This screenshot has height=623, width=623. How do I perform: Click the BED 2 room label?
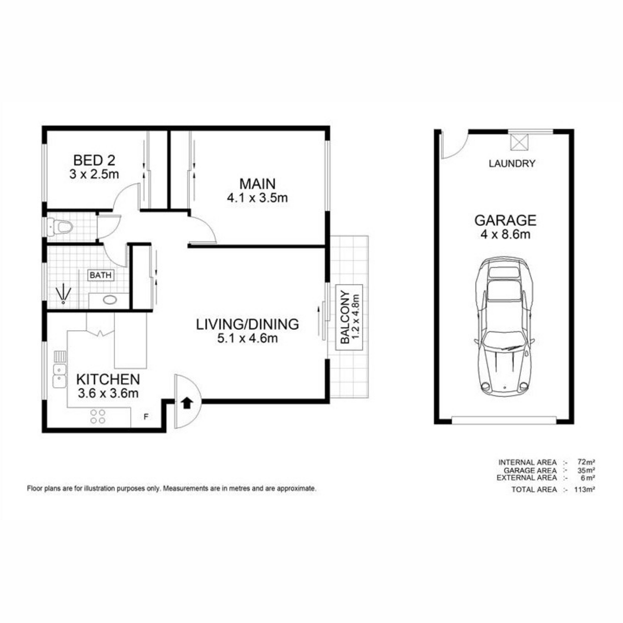pyautogui.click(x=94, y=160)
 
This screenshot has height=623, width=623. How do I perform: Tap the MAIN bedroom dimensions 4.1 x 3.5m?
pyautogui.click(x=258, y=197)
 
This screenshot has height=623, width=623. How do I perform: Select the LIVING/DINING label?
pyautogui.click(x=248, y=324)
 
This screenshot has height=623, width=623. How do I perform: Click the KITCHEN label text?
pyautogui.click(x=108, y=379)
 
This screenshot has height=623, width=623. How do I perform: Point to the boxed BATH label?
pyautogui.click(x=101, y=275)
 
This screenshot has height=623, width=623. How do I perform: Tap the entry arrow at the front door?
pyautogui.click(x=186, y=403)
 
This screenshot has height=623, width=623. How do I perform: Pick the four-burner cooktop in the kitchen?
pyautogui.click(x=98, y=416)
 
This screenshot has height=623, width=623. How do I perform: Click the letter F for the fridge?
pyautogui.click(x=146, y=417)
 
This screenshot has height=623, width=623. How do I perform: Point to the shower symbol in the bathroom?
pyautogui.click(x=63, y=293)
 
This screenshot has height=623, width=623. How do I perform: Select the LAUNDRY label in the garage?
pyautogui.click(x=512, y=164)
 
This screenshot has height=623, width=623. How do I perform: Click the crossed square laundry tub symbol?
pyautogui.click(x=519, y=142)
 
